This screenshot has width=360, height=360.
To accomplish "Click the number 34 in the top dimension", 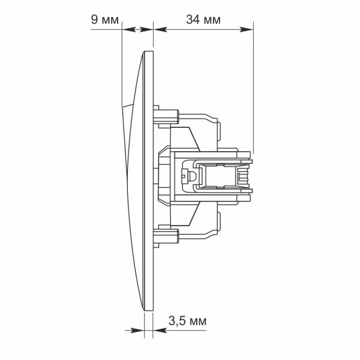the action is click(193, 20).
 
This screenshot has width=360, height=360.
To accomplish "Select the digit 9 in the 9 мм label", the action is click(94, 20).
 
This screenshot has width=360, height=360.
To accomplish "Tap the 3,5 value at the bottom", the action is click(177, 321).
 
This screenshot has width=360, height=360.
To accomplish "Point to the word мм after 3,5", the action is click(197, 322).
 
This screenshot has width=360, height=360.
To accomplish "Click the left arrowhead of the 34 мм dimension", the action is click(160, 29).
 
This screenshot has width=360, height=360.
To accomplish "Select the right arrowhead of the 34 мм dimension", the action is click(246, 29).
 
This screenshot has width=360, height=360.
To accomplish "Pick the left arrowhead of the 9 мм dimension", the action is click(128, 29).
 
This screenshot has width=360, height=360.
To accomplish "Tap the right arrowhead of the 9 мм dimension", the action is click(146, 29).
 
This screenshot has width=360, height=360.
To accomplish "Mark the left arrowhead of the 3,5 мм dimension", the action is click(137, 331).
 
